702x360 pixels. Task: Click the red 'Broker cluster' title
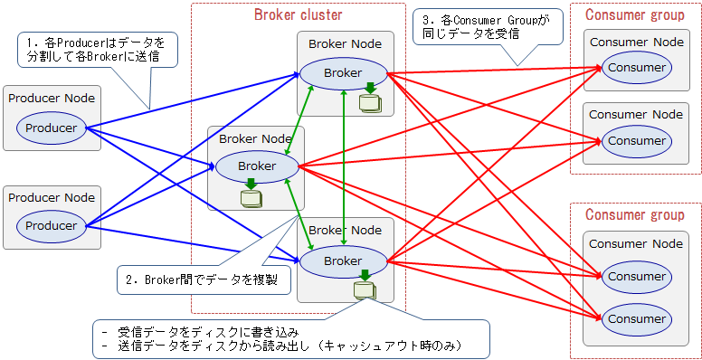(x=298, y=14)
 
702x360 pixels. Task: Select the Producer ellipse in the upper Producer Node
(x=52, y=128)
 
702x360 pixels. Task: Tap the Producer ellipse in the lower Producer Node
(x=52, y=225)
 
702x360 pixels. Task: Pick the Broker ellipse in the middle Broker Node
(x=257, y=166)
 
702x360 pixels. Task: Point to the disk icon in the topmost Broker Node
(x=368, y=101)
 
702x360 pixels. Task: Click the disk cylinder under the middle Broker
(x=249, y=196)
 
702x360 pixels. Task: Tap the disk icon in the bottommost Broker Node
(x=364, y=289)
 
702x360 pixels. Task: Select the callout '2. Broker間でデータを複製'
(x=203, y=279)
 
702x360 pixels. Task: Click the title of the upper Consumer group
(x=635, y=14)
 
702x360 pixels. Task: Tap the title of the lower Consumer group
(x=635, y=214)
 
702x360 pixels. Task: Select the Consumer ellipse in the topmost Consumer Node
(x=636, y=68)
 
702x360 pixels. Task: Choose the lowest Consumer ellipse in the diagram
(x=636, y=319)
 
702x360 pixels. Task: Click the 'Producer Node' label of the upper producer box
(x=52, y=98)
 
